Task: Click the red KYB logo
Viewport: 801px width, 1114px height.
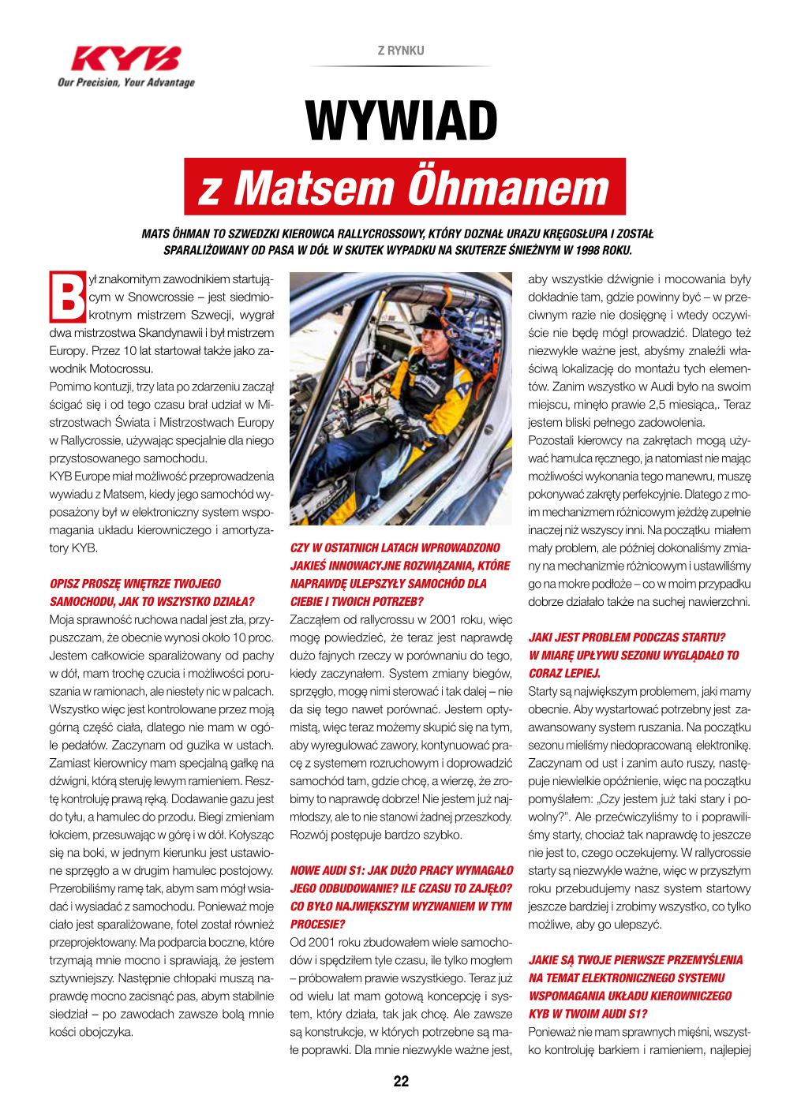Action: (125, 58)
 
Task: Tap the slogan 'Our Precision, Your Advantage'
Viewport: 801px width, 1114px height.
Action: (125, 83)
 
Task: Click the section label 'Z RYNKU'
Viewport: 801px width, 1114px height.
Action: (401, 50)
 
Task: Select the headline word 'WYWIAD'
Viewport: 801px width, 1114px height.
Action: (402, 122)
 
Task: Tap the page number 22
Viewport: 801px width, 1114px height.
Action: (401, 1082)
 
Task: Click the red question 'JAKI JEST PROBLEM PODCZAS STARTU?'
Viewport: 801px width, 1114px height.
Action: (627, 637)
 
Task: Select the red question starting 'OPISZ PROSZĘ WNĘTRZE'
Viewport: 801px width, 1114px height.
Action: (135, 583)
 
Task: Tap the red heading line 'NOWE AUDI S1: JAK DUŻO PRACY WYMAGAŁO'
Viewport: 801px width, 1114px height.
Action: (402, 870)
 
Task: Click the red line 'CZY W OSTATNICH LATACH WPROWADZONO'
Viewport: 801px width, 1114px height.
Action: (395, 548)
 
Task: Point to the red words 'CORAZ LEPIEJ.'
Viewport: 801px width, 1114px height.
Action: (564, 673)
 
